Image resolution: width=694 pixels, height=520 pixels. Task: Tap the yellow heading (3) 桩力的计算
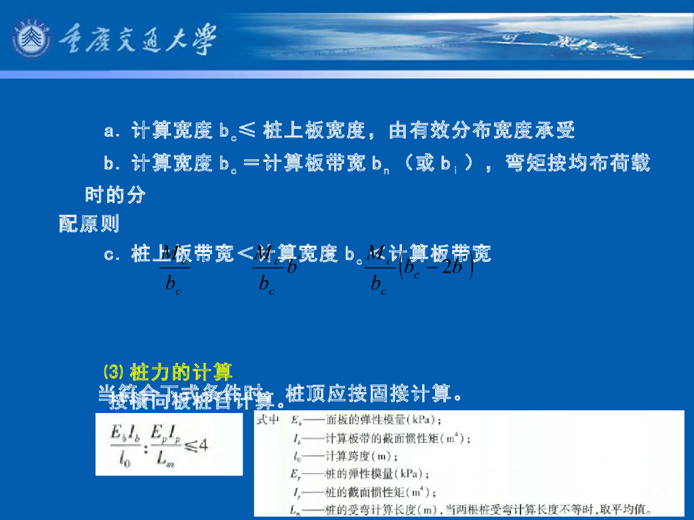pyautogui.click(x=167, y=372)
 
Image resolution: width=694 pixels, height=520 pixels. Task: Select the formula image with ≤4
pyautogui.click(x=169, y=445)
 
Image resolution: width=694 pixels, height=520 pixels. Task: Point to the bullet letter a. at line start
pyautogui.click(x=112, y=131)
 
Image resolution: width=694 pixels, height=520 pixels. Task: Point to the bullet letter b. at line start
pyautogui.click(x=112, y=163)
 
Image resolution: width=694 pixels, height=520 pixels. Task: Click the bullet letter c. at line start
pyautogui.click(x=112, y=255)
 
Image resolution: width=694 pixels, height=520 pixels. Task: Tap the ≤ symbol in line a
pyautogui.click(x=247, y=131)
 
